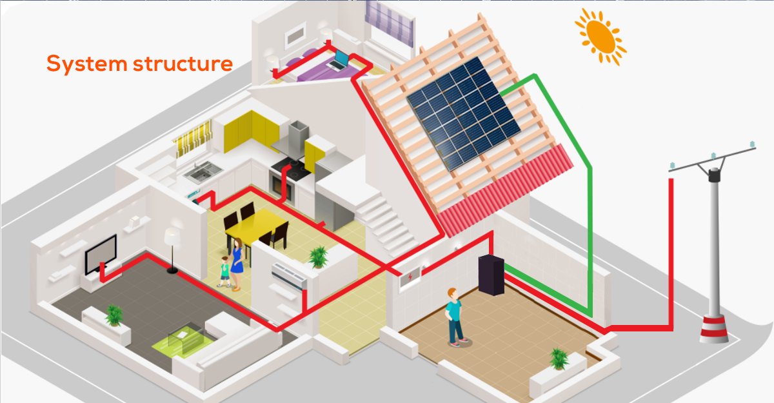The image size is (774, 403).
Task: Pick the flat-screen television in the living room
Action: (101, 253)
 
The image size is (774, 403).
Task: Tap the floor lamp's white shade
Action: (174, 235)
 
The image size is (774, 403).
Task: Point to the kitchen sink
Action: (201, 171)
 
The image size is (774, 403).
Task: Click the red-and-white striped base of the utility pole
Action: (715, 328)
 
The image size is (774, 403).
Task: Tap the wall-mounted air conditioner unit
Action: (288, 277)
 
